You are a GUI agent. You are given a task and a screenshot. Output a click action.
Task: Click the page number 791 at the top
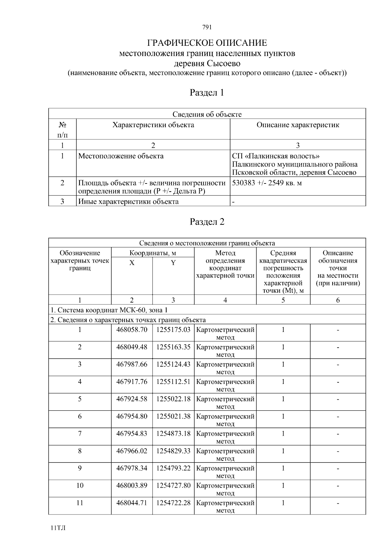(x=207, y=27)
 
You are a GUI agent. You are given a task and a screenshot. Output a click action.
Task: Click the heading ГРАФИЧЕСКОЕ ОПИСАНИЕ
(x=207, y=43)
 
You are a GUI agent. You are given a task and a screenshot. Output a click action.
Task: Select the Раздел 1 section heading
(x=207, y=93)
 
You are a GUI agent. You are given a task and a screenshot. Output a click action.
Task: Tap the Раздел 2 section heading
(x=207, y=222)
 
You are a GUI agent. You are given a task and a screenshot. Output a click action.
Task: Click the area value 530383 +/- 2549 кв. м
(x=267, y=183)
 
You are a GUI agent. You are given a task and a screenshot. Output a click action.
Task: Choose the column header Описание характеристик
(x=298, y=125)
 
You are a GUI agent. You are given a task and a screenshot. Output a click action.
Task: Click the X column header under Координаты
(x=132, y=263)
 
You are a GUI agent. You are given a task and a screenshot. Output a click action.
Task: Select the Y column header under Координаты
(x=173, y=263)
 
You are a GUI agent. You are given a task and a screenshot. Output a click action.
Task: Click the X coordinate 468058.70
(x=132, y=330)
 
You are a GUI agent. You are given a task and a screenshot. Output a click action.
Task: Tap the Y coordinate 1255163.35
(x=173, y=347)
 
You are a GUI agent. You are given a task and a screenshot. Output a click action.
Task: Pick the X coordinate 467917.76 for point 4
(x=132, y=382)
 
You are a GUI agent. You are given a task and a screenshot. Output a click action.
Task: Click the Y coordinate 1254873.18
(x=173, y=434)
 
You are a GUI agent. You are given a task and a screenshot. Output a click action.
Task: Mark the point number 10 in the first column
(x=80, y=486)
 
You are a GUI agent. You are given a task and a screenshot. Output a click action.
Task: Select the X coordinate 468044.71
(x=132, y=503)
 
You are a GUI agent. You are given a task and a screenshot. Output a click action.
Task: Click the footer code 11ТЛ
(x=58, y=529)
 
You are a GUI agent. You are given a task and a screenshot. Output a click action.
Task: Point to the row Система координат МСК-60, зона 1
(x=109, y=310)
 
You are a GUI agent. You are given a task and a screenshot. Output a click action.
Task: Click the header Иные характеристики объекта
(x=128, y=201)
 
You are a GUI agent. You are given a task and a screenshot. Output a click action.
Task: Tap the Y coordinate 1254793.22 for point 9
(x=173, y=468)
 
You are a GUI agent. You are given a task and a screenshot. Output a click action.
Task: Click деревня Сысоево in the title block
(x=207, y=63)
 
